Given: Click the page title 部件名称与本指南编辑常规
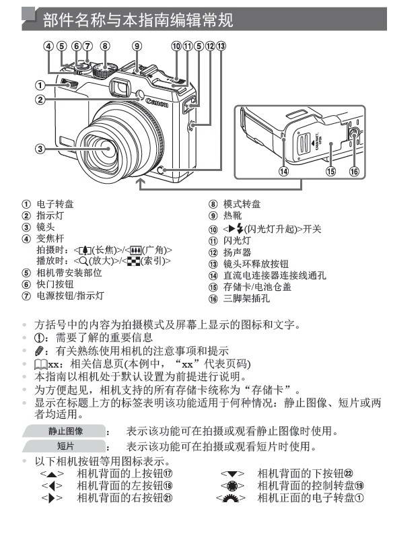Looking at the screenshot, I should click(138, 21).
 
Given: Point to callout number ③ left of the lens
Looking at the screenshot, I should click(41, 149).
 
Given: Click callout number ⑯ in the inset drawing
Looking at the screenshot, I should click(355, 171).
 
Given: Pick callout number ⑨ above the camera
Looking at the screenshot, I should click(137, 47).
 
